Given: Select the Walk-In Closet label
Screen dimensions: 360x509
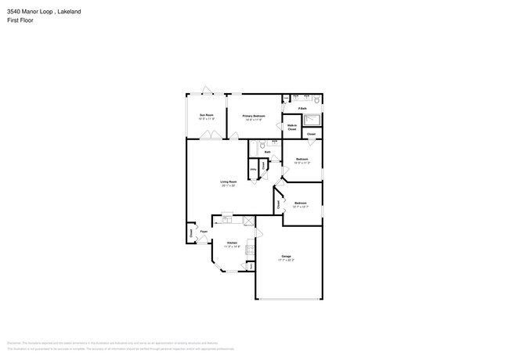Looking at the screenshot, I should click(292, 127).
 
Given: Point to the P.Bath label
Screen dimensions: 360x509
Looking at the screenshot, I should click(301, 108).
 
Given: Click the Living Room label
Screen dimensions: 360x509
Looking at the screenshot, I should click(229, 183).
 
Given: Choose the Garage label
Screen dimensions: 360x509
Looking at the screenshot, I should click(287, 257).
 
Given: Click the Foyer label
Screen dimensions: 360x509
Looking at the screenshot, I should click(204, 232).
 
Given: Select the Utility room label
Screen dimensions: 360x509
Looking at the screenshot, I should click(253, 170).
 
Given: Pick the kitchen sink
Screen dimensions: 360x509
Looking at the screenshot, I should click(226, 216).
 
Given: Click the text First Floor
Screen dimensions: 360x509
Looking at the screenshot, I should click(21, 20).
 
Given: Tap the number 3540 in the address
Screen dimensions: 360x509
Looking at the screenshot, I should click(14, 12).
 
